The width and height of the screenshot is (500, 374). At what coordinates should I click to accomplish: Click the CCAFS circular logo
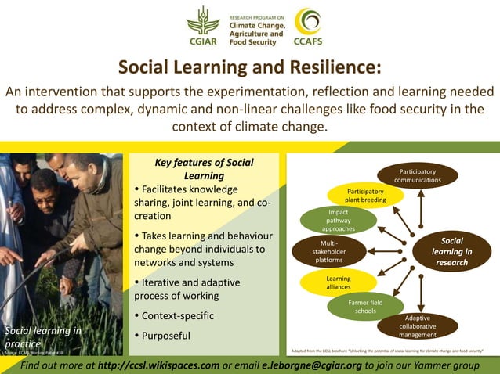(307, 26)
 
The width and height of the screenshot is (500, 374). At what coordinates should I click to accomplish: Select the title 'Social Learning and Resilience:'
(249, 67)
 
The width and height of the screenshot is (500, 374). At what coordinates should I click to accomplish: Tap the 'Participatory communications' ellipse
(417, 175)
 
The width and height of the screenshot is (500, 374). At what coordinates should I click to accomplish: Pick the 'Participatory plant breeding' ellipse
(366, 195)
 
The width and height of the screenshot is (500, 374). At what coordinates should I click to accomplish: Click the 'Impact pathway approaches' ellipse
(338, 221)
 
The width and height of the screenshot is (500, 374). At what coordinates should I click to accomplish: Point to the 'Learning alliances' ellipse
(339, 282)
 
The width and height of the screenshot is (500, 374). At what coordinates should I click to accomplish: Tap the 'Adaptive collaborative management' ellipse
(417, 325)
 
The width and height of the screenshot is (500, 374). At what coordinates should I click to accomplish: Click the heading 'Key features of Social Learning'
(204, 169)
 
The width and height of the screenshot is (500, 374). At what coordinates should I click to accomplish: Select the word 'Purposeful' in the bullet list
(167, 336)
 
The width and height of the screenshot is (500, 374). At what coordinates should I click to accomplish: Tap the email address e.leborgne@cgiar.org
(312, 365)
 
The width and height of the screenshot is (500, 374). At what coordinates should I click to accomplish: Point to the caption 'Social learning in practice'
(42, 336)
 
